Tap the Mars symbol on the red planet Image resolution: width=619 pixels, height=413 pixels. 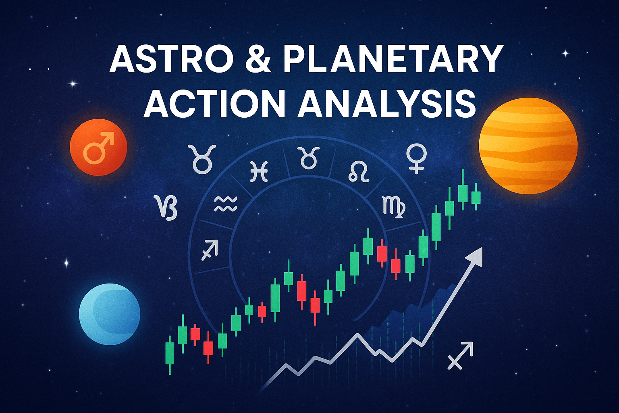pos(99,148)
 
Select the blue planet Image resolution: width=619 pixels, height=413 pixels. pos(110,314)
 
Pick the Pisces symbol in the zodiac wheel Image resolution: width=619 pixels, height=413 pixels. pos(259,172)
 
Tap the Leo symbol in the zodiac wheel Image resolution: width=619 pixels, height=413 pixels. pos(359,172)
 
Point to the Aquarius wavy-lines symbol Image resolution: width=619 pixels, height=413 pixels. pos(226,204)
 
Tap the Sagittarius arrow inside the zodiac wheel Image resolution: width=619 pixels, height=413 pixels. pos(210,250)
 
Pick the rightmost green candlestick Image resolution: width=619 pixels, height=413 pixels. pos(476,196)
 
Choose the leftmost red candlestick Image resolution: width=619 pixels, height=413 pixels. pos(195,334)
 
